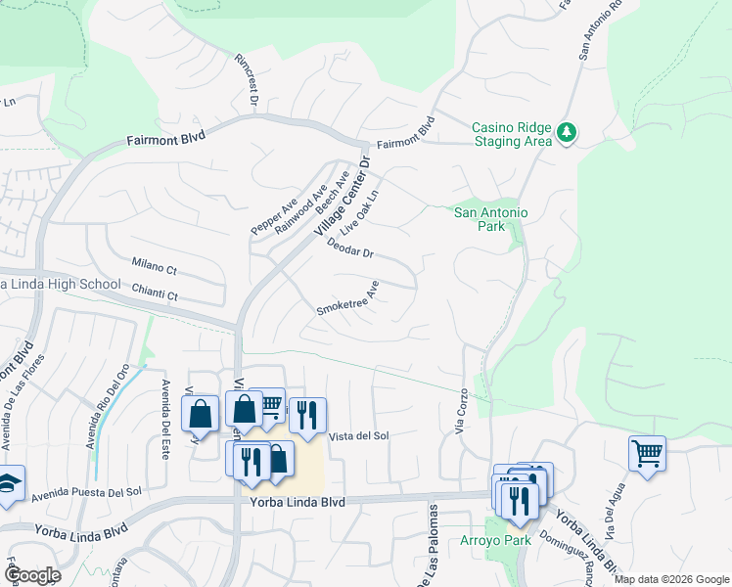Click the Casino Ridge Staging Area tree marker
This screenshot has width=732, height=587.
point(566,133)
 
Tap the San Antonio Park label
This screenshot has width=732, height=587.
point(491,219)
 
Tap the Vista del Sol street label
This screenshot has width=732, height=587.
point(359,436)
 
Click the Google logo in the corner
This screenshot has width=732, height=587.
point(31,575)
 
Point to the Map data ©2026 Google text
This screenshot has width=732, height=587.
point(671,579)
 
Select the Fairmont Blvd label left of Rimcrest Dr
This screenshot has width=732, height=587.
point(163,140)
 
